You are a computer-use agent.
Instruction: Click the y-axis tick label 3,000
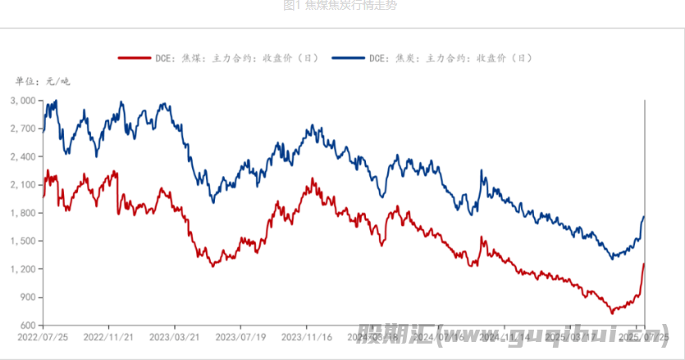tap(23, 101)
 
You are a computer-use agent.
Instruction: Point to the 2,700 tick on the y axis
tap(23, 129)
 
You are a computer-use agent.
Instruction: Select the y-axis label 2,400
tap(23, 157)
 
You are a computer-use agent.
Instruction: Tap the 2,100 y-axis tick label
tap(23, 185)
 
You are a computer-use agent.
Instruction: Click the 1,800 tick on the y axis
tap(23, 213)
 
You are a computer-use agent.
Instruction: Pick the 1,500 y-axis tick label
tap(23, 241)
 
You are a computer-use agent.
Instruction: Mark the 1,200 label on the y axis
tap(23, 269)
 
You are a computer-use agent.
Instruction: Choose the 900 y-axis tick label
tap(28, 298)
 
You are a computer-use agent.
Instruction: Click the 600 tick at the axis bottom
tap(28, 326)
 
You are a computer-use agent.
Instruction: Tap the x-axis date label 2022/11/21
tap(108, 337)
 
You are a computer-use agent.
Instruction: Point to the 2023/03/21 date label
tap(175, 337)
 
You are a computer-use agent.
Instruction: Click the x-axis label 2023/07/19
tap(241, 337)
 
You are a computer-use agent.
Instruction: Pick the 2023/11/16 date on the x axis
tap(307, 337)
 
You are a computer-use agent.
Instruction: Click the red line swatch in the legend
tap(134, 58)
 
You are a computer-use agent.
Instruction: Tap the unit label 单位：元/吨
tap(43, 80)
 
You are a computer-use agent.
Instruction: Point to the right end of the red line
tap(644, 264)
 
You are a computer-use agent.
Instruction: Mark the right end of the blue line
tap(644, 216)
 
